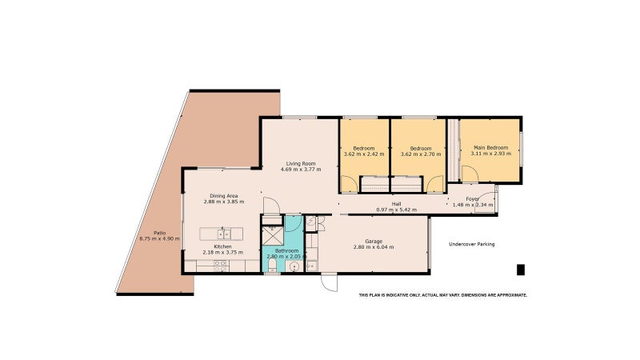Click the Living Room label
pos(301,164)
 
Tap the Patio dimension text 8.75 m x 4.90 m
pos(159,238)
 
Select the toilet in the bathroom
pos(272,266)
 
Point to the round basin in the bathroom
pos(294,267)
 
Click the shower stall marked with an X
pos(270,234)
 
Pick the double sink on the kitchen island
pos(224,234)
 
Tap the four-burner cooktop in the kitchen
pos(221,266)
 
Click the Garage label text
pos(374,242)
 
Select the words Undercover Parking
pos(471,244)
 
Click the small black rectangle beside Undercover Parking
pos(521,270)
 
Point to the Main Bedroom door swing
pos(470,174)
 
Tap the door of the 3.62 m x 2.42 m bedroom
pos(349,184)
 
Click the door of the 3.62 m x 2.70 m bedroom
pos(434,184)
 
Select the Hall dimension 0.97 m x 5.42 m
pos(396,210)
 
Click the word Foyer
pos(473,199)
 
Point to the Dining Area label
pos(224,196)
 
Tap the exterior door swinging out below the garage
pos(330,282)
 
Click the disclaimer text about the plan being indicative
pos(443,294)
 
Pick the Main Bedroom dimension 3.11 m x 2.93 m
pos(491,154)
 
